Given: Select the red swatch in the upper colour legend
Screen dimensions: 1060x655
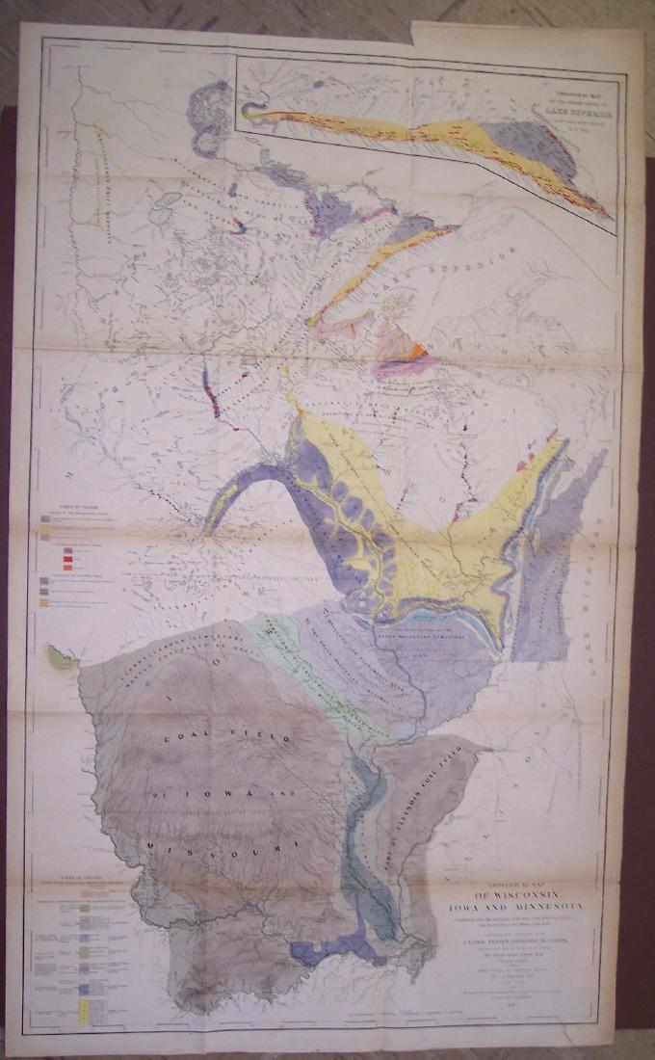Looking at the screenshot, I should coord(67,555).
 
